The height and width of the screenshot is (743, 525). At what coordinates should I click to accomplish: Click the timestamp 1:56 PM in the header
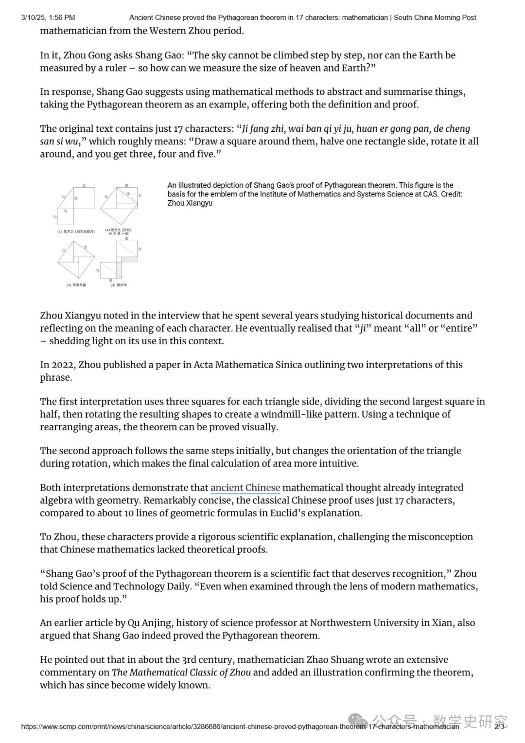62,18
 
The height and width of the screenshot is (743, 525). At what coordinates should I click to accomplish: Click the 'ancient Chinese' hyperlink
245,488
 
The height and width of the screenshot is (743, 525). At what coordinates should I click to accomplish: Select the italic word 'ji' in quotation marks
362,328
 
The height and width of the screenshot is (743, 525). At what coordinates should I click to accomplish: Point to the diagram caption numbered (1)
76,231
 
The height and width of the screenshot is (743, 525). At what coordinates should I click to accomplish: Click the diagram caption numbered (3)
76,285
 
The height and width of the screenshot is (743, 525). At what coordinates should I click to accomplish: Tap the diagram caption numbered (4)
119,285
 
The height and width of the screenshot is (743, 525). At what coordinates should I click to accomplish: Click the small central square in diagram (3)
76,257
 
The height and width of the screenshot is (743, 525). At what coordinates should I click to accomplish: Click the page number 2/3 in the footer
499,726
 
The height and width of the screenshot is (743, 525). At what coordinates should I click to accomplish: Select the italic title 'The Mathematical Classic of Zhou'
181,672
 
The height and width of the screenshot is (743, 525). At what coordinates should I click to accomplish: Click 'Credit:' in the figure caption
452,194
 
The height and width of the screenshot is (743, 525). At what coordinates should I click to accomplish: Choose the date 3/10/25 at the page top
35,18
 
